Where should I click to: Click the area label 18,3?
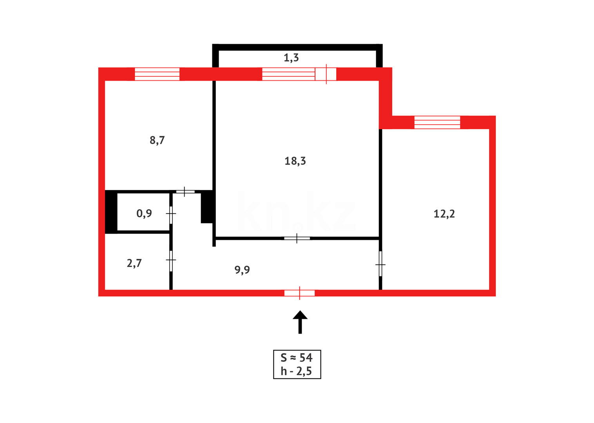tap(295, 161)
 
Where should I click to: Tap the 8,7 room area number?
tap(157, 140)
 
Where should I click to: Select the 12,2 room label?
tap(444, 214)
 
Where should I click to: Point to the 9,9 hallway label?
tap(242, 270)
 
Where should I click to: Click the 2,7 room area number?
tap(134, 263)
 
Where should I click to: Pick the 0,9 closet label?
tap(144, 213)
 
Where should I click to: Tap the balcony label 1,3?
tap(291, 58)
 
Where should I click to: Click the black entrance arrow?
tap(300, 322)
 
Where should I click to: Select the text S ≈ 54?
tap(297, 358)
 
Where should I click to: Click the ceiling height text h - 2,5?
tap(297, 371)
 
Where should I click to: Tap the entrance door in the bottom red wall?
tap(299, 293)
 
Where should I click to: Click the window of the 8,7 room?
tap(157, 74)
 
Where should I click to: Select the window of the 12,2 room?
tap(437, 122)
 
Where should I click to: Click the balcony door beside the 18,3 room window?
tap(326, 74)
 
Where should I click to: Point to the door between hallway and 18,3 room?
tap(297, 238)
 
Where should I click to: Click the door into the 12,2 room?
tap(380, 264)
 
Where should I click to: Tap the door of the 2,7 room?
tap(171, 260)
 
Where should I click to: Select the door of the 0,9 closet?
tap(171, 213)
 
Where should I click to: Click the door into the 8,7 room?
tap(185, 192)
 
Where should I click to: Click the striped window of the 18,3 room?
tap(288, 74)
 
